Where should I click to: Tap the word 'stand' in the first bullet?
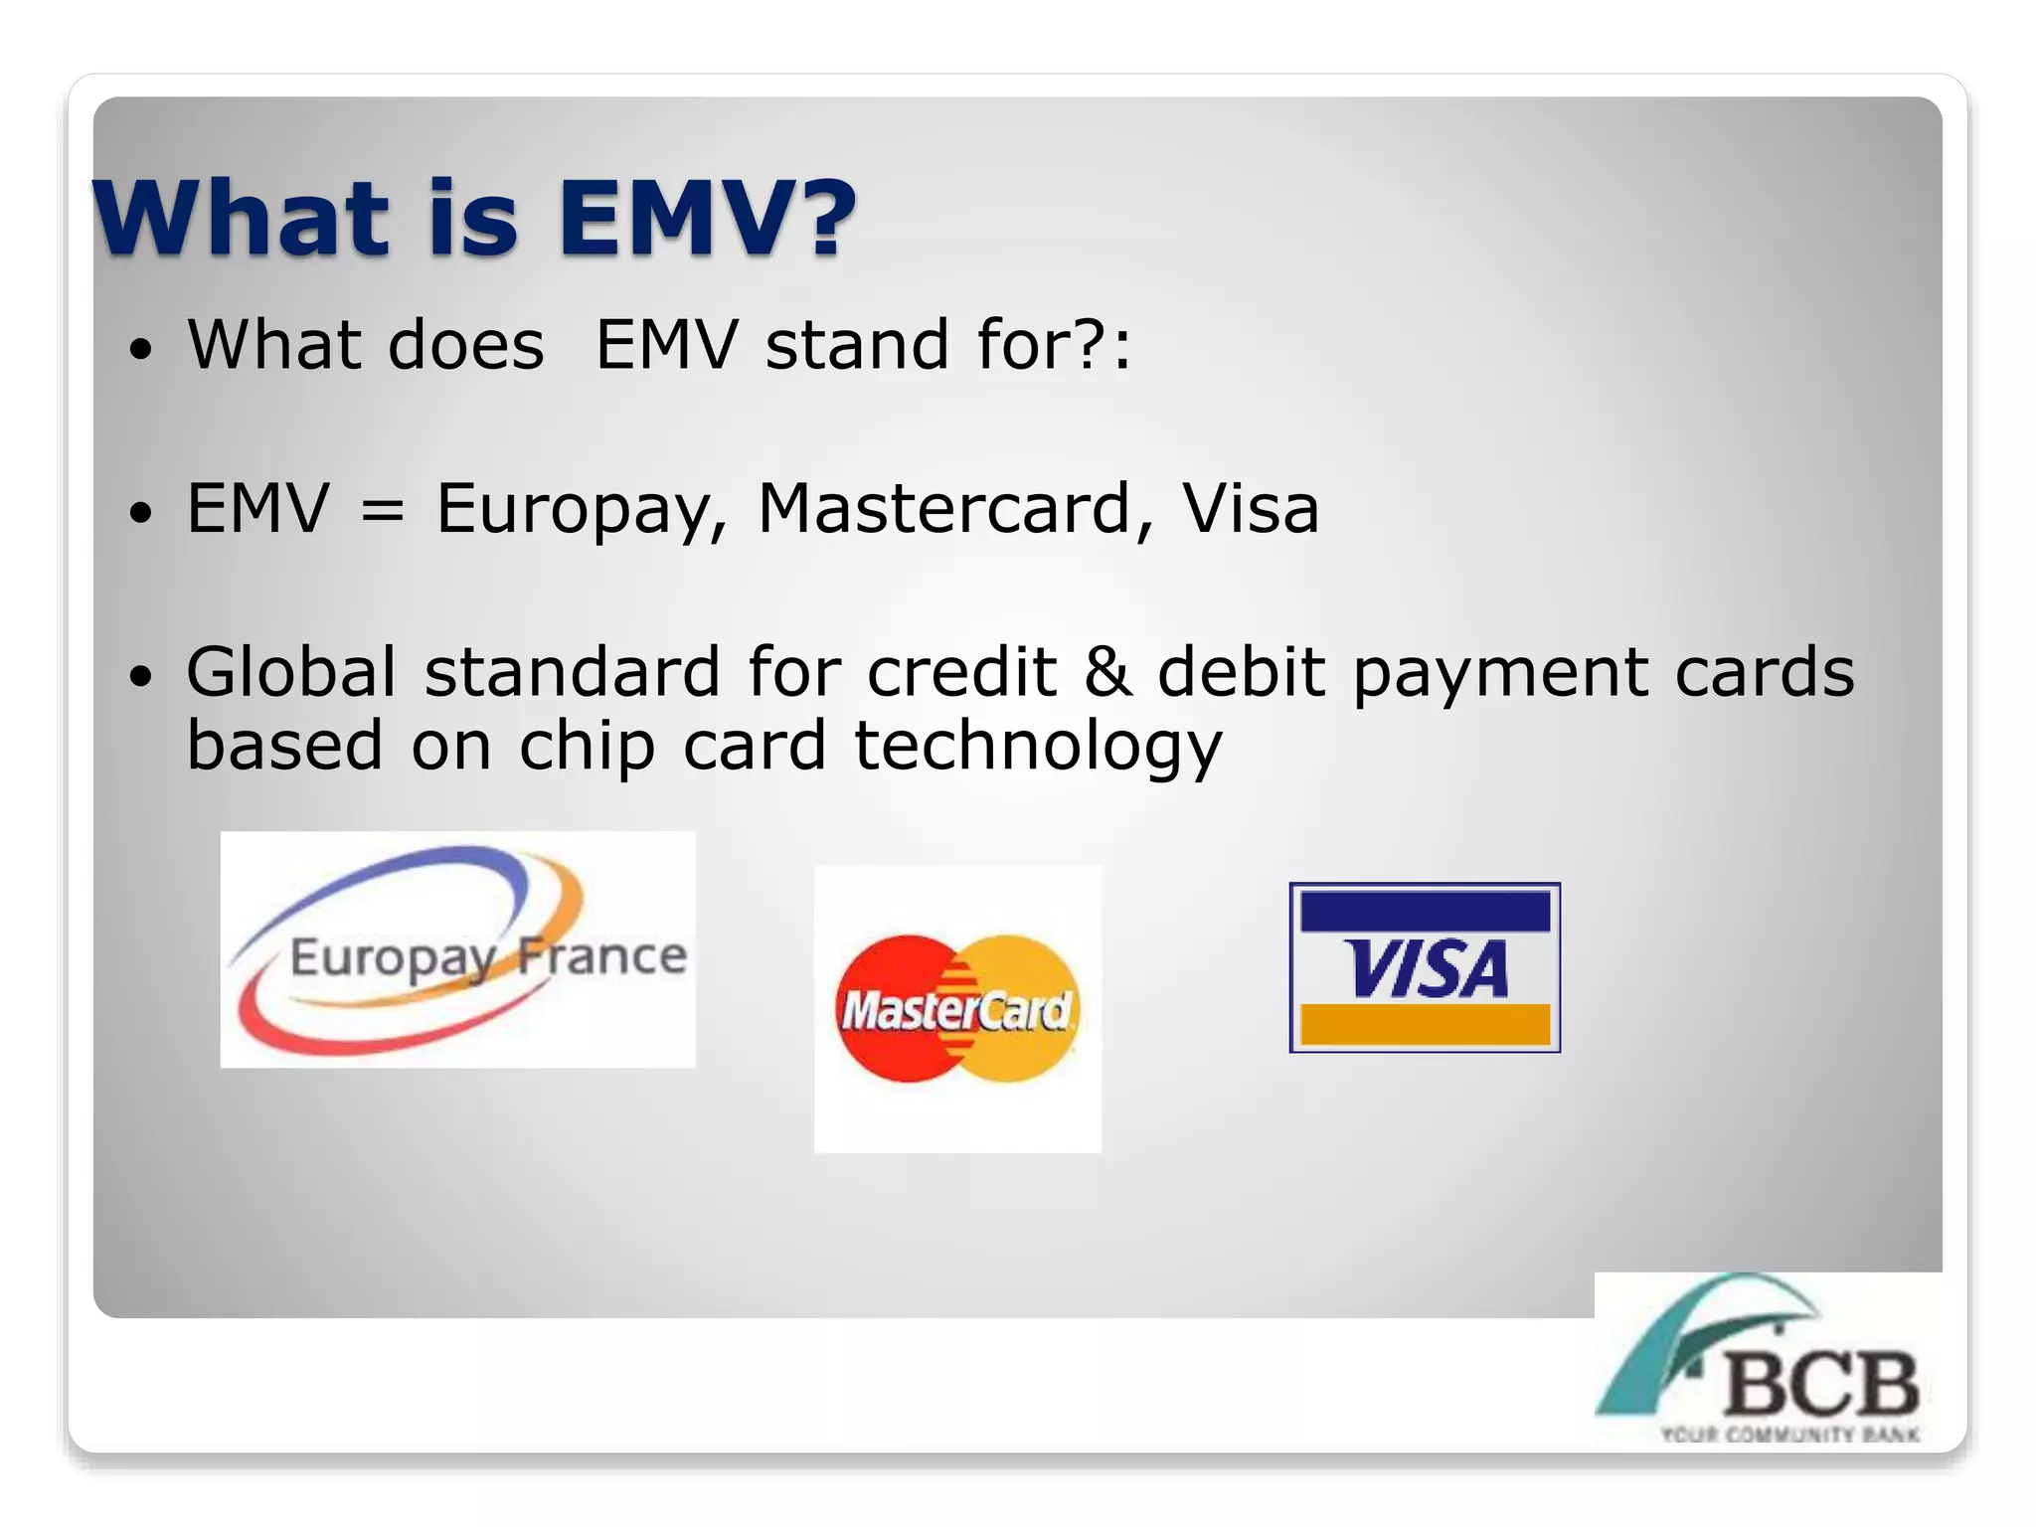pyautogui.click(x=857, y=345)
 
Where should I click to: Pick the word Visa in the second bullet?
pyautogui.click(x=1250, y=509)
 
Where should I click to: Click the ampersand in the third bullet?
pyautogui.click(x=1106, y=672)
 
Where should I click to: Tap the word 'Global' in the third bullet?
pyautogui.click(x=291, y=672)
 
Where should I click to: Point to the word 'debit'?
pyautogui.click(x=1241, y=672)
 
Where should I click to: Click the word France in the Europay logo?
pyautogui.click(x=601, y=956)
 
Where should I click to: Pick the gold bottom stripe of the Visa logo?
pyautogui.click(x=1425, y=1024)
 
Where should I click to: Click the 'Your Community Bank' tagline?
pyautogui.click(x=1789, y=1435)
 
